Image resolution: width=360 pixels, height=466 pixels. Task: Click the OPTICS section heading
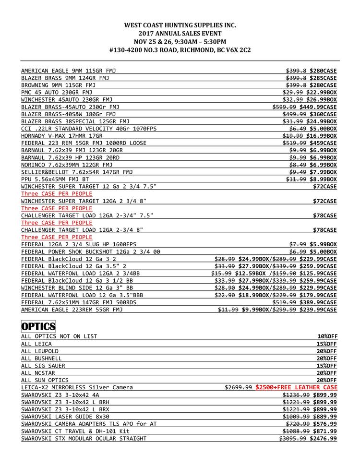[38, 327]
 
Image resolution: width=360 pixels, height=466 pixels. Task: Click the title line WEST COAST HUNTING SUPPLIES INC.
[180, 25]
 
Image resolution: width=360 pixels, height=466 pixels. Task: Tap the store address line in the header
[180, 50]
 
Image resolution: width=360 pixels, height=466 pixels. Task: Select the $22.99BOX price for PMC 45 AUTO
[323, 92]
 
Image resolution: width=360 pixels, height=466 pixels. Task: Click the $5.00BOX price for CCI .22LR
[323, 129]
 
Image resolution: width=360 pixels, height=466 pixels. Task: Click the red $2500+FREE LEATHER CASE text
[296, 387]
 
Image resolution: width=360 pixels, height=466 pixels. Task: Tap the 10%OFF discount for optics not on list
[326, 336]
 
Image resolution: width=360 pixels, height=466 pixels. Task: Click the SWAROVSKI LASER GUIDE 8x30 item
[65, 417]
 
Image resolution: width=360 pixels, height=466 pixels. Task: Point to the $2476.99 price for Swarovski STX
[323, 438]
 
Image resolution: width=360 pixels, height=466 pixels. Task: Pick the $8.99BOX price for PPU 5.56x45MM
[323, 179]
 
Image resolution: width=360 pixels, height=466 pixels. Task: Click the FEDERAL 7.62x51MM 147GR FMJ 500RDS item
[79, 302]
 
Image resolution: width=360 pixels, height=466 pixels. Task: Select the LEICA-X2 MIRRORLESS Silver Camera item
[77, 387]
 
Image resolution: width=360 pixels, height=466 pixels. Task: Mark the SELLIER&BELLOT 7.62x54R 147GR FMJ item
[77, 172]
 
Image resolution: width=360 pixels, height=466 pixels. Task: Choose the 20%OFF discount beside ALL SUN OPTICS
[326, 380]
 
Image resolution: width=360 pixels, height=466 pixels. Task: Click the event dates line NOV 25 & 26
[180, 42]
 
